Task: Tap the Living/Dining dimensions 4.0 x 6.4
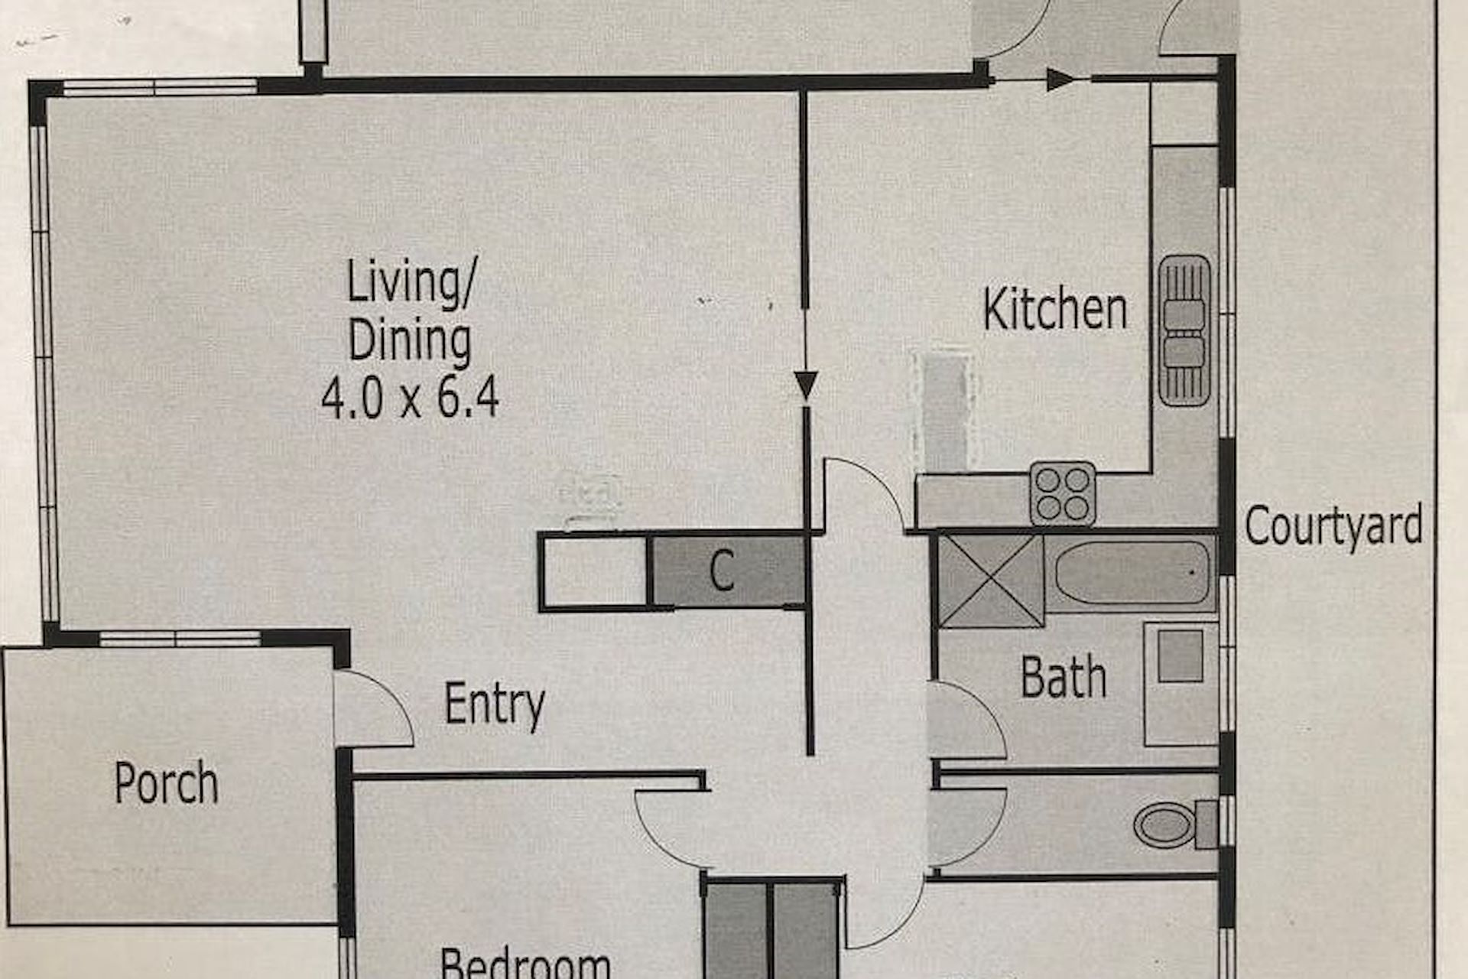(x=410, y=398)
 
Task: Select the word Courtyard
(x=1333, y=527)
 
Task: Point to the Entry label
(x=495, y=705)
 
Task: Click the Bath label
(x=1064, y=677)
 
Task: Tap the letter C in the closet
(x=722, y=571)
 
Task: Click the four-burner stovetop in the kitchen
(x=1063, y=493)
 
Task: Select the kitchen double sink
(x=1184, y=330)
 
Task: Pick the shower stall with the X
(x=991, y=581)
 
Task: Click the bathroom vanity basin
(x=1181, y=656)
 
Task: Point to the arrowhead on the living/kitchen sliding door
(x=806, y=385)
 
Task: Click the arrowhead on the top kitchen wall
(x=1060, y=79)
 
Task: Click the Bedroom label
(x=525, y=963)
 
